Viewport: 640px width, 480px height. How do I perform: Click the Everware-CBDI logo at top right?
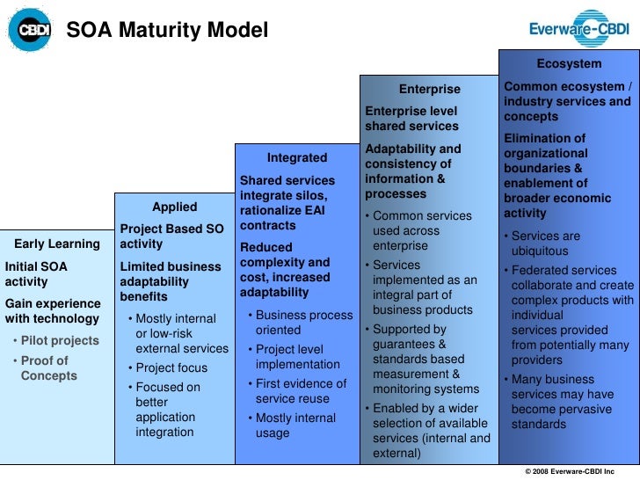click(578, 28)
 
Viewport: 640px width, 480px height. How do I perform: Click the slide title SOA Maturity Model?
click(168, 31)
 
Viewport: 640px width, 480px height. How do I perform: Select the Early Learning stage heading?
click(57, 244)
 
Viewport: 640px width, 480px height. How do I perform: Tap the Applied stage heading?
click(174, 207)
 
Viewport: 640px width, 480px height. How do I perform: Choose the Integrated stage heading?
click(296, 158)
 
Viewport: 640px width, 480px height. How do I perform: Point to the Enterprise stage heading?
click(429, 89)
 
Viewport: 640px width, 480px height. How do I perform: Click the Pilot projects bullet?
click(56, 340)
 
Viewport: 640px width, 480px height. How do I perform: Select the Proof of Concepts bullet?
click(48, 368)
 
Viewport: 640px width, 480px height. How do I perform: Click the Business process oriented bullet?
click(300, 322)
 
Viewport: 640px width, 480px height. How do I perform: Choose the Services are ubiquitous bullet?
click(546, 244)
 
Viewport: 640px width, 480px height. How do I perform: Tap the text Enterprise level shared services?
click(411, 119)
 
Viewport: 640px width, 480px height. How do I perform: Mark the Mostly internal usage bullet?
click(295, 425)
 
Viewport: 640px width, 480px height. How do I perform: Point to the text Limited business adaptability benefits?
click(171, 281)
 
